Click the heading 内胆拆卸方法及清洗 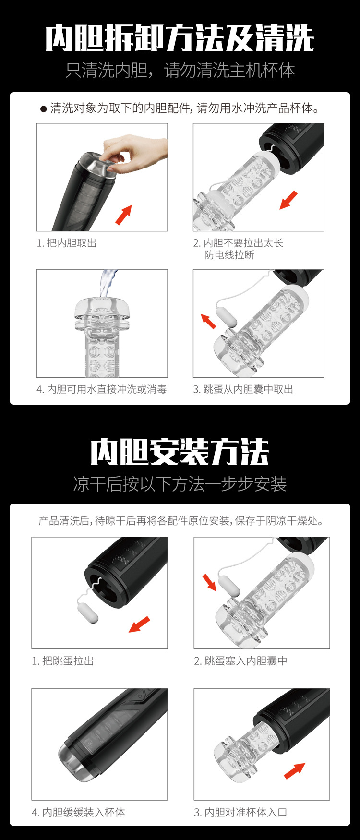coord(180,38)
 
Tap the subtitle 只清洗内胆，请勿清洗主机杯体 coord(180,71)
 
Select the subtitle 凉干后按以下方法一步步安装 coord(180,484)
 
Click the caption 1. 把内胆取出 coord(67,243)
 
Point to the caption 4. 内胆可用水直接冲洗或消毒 coord(102,389)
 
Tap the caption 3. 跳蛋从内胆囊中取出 coord(243,389)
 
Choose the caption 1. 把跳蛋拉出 coord(63,661)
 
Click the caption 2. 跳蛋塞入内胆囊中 coord(241,661)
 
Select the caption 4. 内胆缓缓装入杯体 coord(79,813)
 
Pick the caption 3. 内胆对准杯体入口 coord(241,813)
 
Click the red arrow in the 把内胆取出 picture coord(123,215)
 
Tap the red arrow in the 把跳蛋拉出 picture coord(139,624)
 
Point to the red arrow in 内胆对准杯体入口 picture coord(294,770)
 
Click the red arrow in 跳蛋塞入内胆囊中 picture coord(209,582)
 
